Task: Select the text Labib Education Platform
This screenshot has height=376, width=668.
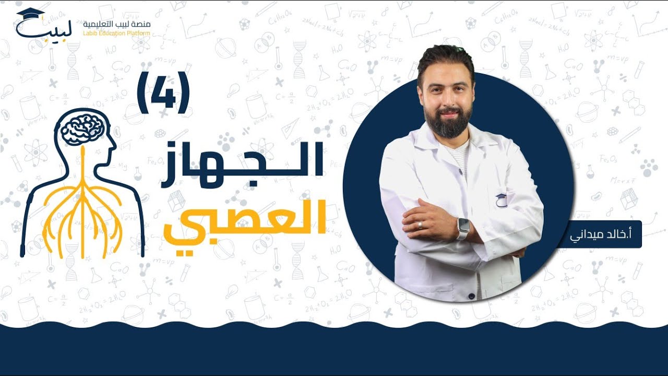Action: [x=116, y=33]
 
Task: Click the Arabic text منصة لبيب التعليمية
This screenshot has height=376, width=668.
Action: [x=116, y=25]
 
